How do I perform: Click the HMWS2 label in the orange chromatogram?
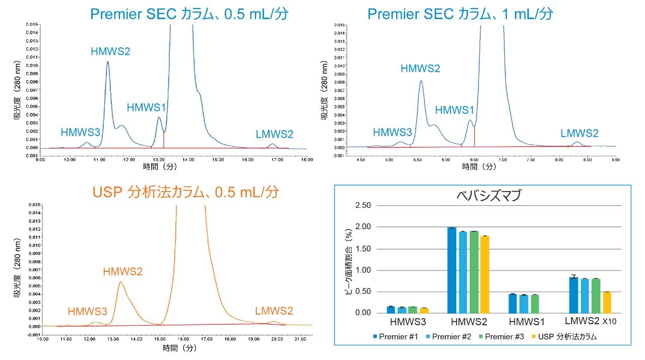pos(122,272)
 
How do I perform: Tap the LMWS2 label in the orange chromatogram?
pos(274,311)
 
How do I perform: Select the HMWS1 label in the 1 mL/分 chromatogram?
pos(455,110)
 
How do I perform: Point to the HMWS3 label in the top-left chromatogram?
pos(80,133)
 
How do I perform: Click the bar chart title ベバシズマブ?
pos(482,196)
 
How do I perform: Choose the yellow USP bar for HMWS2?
pos(484,274)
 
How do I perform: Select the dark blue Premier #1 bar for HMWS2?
pos(451,270)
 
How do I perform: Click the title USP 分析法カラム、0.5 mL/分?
pos(185,192)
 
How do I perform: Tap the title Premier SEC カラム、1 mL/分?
pos(460,13)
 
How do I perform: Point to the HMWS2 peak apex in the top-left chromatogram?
pos(107,62)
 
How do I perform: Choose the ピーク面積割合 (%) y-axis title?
pos(348,260)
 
